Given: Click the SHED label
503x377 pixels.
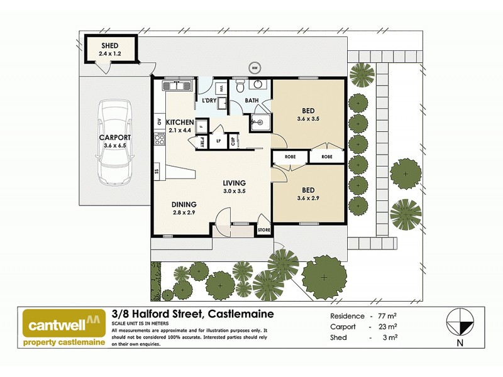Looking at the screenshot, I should pos(111,46).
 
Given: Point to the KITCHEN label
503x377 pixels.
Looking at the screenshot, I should pos(179,122).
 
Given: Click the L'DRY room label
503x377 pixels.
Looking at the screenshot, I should pos(209,101).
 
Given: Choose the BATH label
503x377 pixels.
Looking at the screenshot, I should pos(252,101).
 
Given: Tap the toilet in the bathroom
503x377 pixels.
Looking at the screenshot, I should pos(238,86).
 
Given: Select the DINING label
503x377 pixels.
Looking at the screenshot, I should pos(185,204).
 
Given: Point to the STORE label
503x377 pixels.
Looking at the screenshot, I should pos(263,231).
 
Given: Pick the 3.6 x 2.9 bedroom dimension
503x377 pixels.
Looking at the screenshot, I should pos(309,199).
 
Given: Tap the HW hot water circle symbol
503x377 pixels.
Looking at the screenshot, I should pos(255,68).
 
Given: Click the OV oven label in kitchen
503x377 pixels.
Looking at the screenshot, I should pos(159,122).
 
